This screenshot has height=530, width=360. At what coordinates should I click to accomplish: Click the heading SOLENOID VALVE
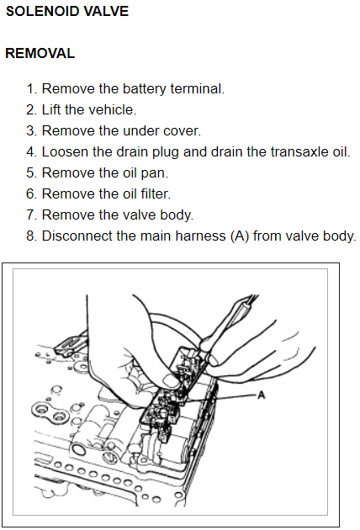tap(67, 11)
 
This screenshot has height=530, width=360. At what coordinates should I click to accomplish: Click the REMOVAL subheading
tap(40, 53)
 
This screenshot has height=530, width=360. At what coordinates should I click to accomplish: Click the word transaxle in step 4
tap(299, 152)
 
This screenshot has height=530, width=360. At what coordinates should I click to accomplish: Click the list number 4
tap(31, 152)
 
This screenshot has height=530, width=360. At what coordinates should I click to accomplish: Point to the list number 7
tap(31, 215)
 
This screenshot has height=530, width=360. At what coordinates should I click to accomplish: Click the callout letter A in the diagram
tap(262, 395)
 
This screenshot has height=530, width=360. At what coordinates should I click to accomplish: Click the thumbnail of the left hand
tap(170, 380)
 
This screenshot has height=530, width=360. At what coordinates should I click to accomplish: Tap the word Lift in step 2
tap(51, 110)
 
